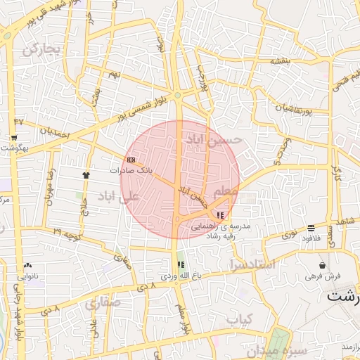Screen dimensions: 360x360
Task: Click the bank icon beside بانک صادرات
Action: [x=131, y=160]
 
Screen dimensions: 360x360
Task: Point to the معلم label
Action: [x=226, y=191]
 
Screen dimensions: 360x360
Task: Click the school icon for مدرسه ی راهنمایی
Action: [x=221, y=214]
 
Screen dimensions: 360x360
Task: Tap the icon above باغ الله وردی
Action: [x=181, y=265]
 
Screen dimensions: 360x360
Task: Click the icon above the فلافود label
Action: [x=311, y=228]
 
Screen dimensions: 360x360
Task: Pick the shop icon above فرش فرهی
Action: [x=322, y=266]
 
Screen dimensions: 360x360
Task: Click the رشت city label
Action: [x=344, y=296]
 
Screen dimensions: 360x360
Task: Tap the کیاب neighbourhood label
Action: [x=240, y=320]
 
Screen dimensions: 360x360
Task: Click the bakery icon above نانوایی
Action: [x=27, y=265]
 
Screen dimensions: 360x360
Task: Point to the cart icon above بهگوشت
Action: [x=14, y=137]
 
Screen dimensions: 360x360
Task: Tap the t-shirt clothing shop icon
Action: [x=86, y=174]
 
